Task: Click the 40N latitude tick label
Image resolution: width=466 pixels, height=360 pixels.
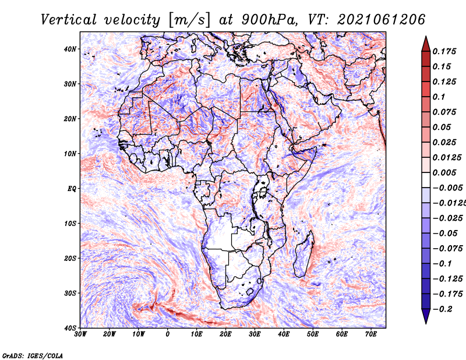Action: tap(70, 49)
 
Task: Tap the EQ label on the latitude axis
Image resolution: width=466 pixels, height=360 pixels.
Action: tap(72, 189)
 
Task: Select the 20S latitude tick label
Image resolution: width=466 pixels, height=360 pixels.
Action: tap(70, 258)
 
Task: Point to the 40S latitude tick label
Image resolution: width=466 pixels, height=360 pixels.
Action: tap(70, 328)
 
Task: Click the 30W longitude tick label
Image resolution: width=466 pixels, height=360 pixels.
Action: tap(80, 334)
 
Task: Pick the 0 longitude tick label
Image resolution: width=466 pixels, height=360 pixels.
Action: tap(168, 334)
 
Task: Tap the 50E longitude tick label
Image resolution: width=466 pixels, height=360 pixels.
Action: tap(313, 334)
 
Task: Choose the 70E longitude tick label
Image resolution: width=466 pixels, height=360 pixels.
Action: tap(371, 334)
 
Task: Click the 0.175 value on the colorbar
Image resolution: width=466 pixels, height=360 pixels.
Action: tap(444, 51)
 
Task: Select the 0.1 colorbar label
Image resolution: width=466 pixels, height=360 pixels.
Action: tap(439, 97)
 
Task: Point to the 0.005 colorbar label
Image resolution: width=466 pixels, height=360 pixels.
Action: tap(444, 172)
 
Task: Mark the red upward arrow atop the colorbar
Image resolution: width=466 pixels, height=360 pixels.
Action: tap(426, 44)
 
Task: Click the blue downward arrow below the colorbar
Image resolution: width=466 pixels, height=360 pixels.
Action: tap(426, 316)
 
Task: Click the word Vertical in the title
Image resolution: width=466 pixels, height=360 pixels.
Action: tap(69, 20)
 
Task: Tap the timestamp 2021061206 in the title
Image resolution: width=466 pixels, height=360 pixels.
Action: tap(381, 20)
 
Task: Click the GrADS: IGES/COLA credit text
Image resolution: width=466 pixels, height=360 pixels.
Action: tap(33, 355)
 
